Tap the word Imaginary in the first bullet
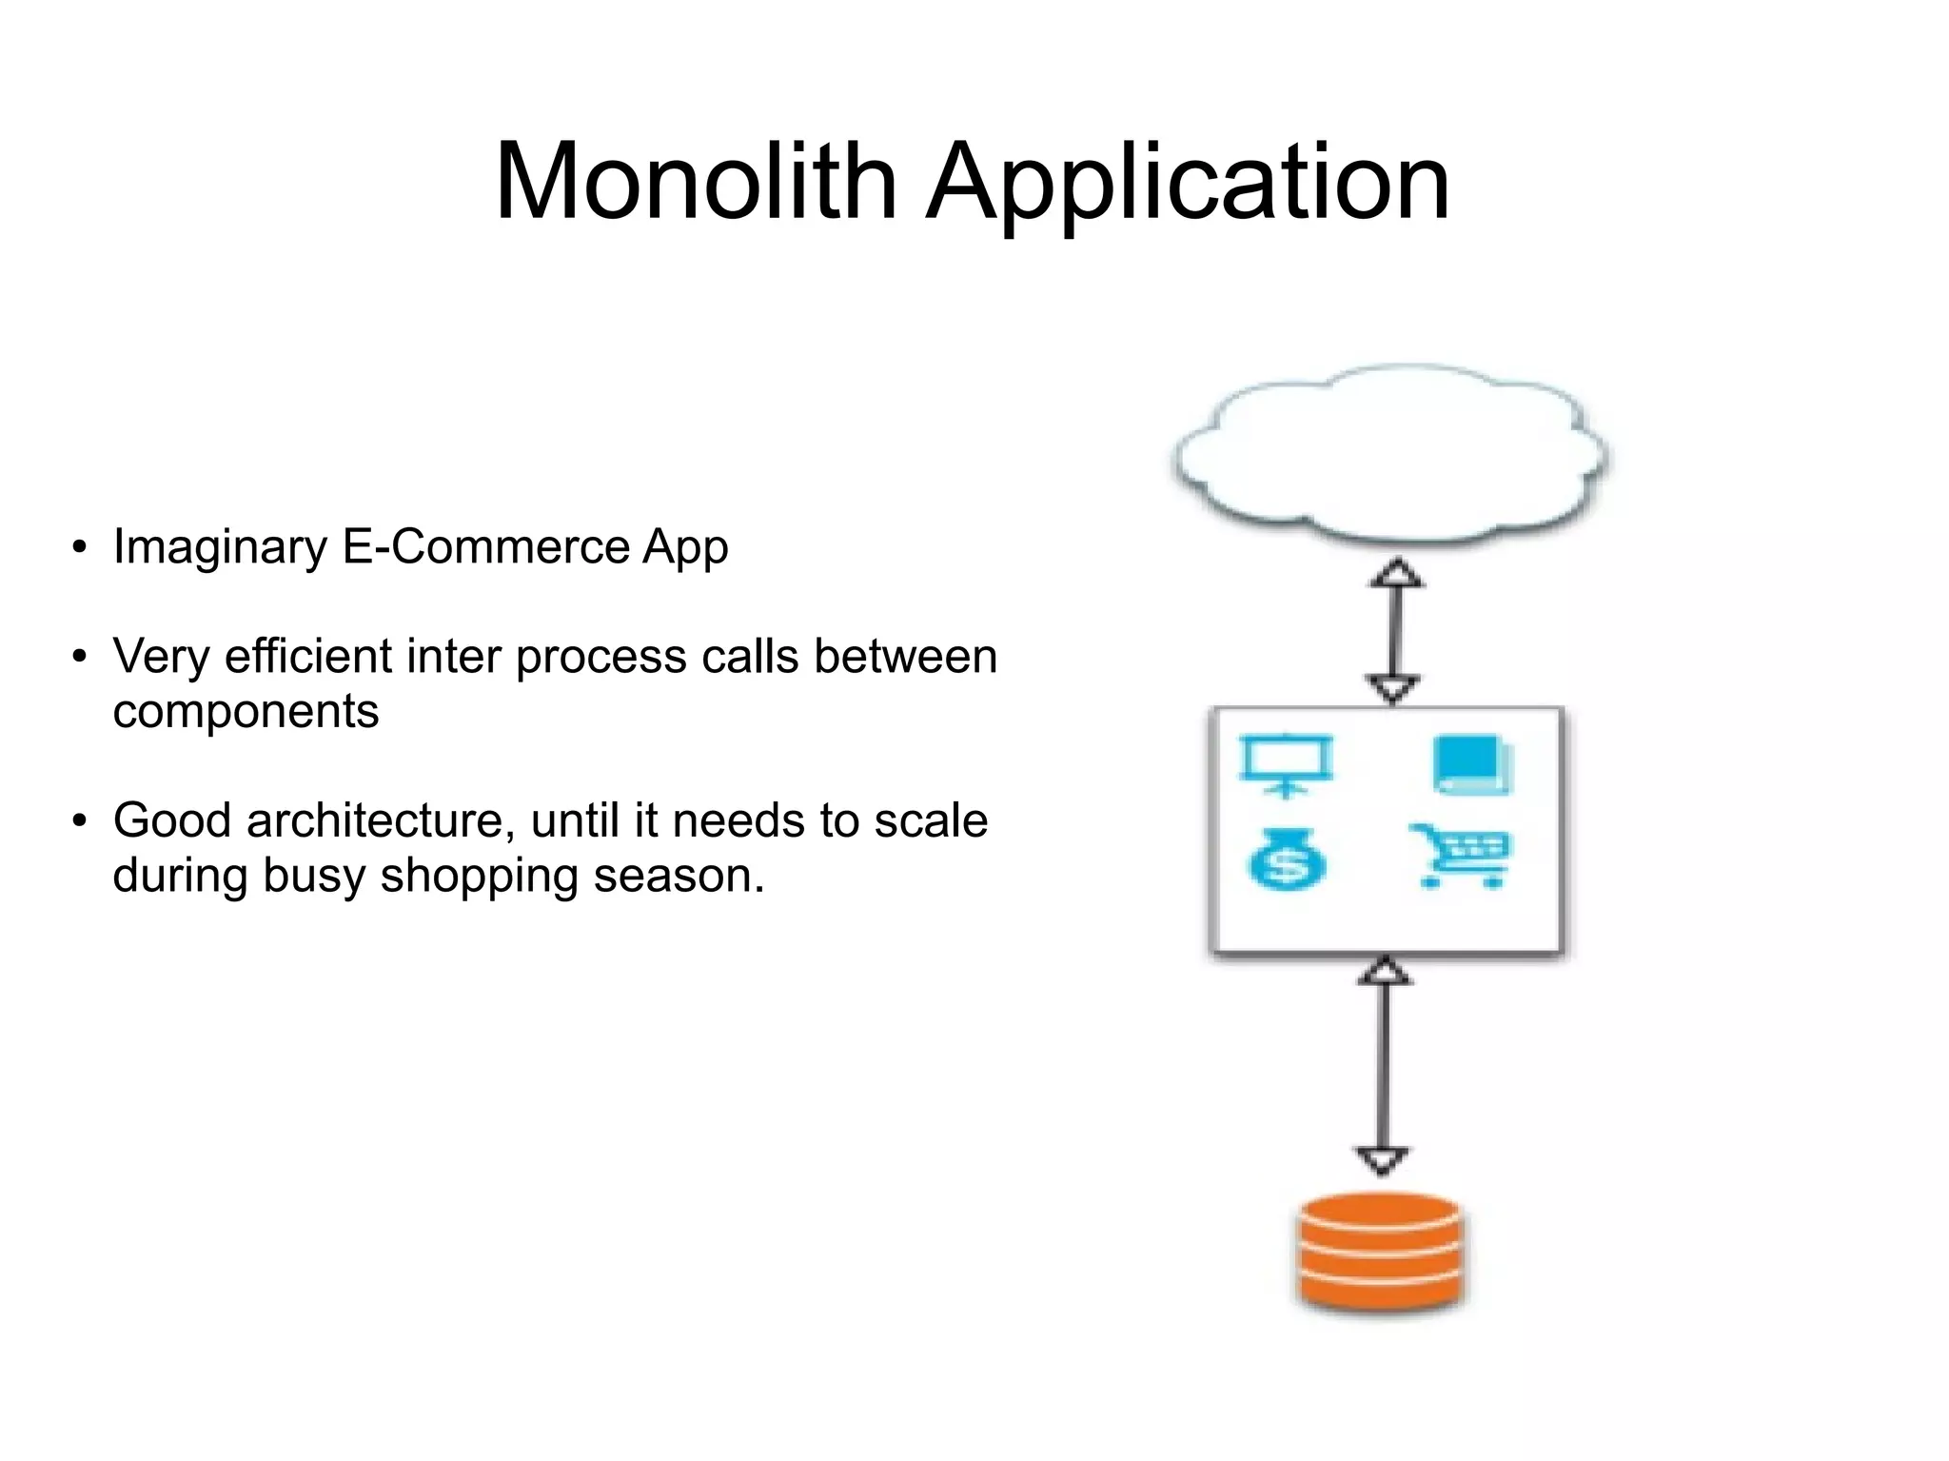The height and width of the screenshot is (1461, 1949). coord(220,548)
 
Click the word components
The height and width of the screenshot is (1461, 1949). coord(246,712)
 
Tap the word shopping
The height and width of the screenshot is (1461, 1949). coord(480,876)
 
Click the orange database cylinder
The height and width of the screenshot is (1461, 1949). coord(1380,1252)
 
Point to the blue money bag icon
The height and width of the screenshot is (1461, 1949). coord(1285,859)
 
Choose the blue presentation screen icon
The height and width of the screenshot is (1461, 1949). coord(1287,763)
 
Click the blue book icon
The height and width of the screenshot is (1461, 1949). coord(1472,763)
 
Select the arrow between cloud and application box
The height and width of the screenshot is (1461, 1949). coord(1394,631)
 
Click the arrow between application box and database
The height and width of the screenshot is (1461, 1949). coord(1383,1066)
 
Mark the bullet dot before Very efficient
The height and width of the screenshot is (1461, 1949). coord(80,657)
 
